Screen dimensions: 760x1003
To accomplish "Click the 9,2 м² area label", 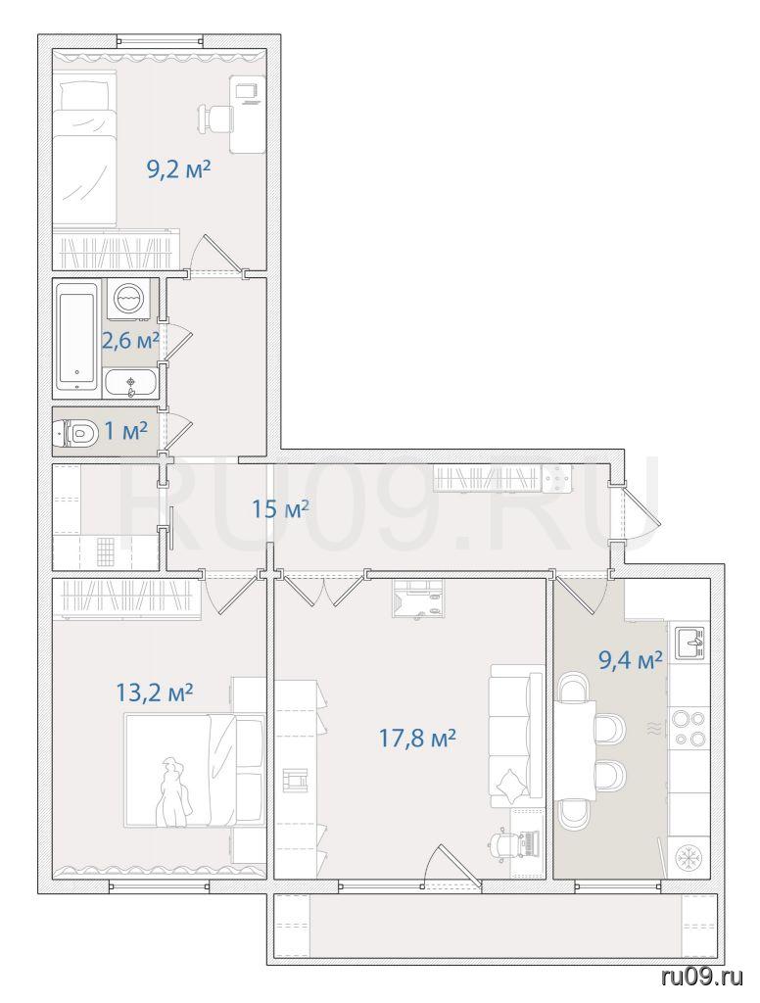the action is pos(179,170).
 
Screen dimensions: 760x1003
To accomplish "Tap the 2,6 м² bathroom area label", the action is pos(130,340).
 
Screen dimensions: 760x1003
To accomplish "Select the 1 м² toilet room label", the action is pos(126,431).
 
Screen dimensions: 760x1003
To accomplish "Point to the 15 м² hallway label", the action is pos(280,509).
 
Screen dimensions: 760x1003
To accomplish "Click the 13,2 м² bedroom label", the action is pos(155,693).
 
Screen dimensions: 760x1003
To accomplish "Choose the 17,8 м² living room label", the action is pos(417,739).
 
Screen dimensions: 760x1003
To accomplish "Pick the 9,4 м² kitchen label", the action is pos(630,659).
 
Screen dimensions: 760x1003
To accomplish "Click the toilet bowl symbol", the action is pos(74,434).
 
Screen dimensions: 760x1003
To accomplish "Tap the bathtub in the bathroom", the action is pos(77,337).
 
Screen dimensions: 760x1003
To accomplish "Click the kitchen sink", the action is pos(689,643).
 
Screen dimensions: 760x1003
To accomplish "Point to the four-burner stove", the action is pos(689,728).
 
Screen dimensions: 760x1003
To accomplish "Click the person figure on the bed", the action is pos(174,792).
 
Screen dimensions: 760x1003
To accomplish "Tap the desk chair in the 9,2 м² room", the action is pos(214,119).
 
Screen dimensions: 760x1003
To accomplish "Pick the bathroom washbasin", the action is pos(130,383).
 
